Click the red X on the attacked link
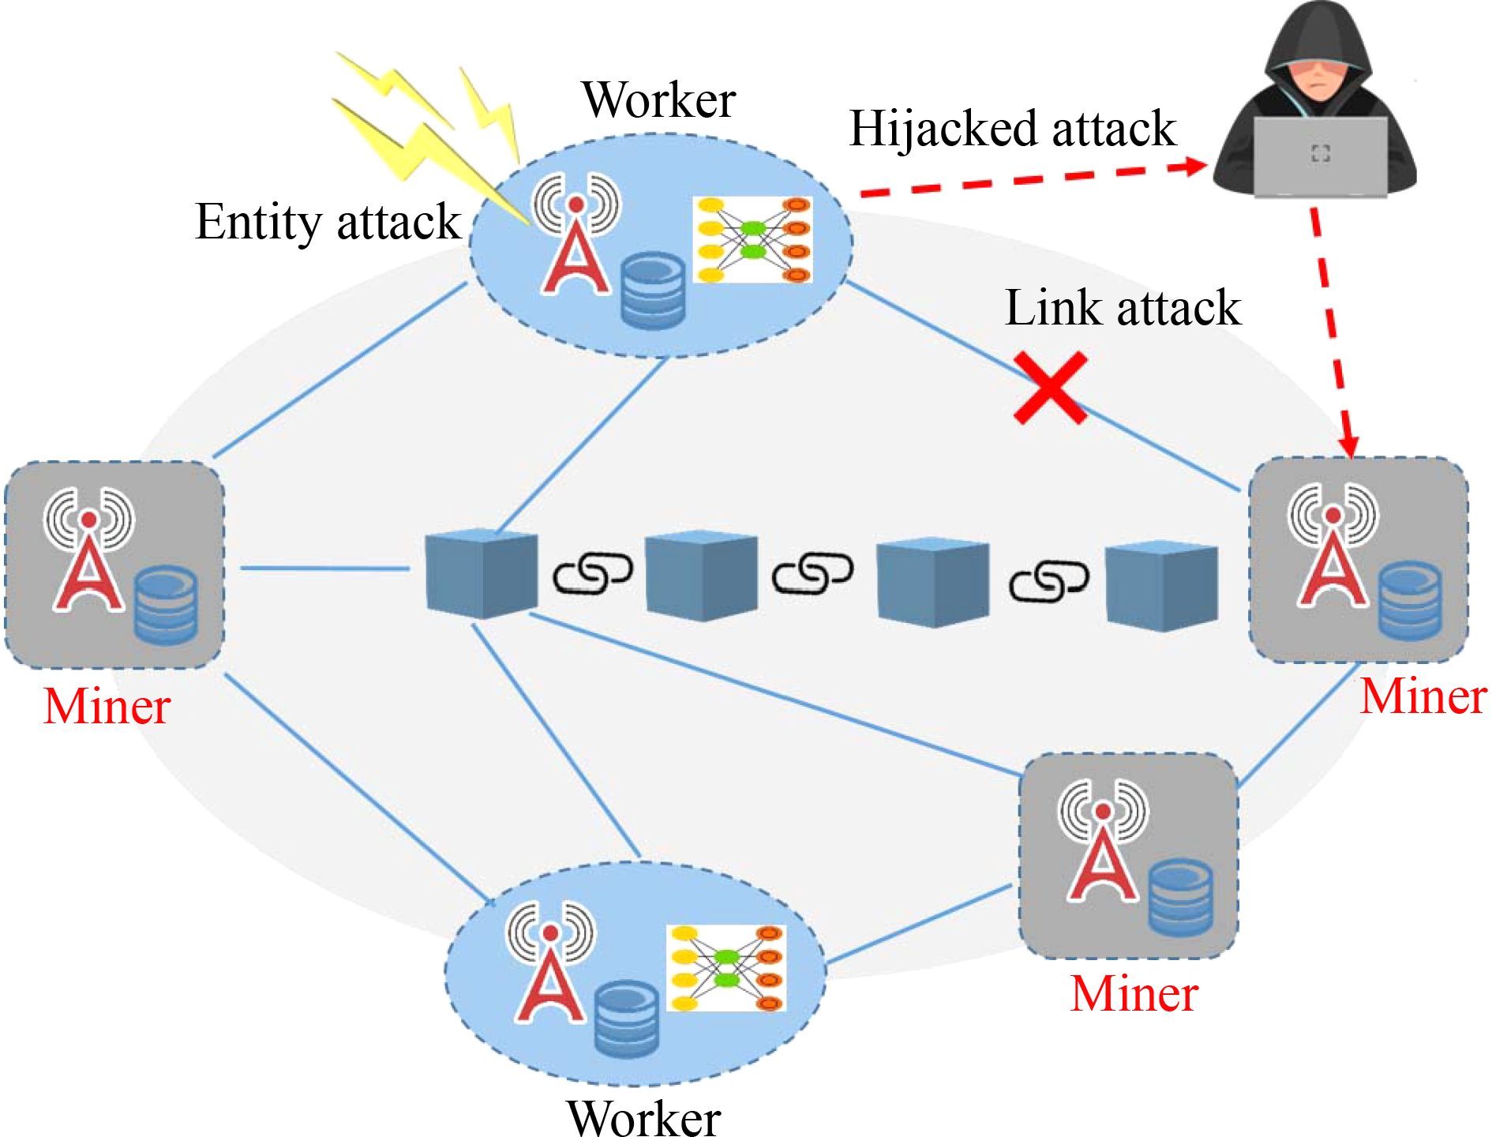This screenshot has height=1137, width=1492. pos(1051,388)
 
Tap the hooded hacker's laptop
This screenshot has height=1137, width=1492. pos(1320,156)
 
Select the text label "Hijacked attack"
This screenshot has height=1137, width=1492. pos(1012,129)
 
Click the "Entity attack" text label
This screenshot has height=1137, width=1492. pos(328,222)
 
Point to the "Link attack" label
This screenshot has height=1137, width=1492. pos(1123,308)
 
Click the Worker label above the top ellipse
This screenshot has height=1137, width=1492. pos(659,100)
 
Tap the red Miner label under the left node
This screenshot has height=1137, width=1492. pos(107,706)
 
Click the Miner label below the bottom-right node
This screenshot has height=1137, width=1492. pos(1134,993)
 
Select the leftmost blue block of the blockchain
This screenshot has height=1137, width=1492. pos(482,573)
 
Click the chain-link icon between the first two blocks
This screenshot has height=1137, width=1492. pos(592,573)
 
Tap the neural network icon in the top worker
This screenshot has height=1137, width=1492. pos(753,240)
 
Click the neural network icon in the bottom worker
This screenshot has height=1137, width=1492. pos(726,968)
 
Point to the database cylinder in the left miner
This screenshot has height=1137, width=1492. pos(166,604)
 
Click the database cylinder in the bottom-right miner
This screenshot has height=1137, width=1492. pos(1180,897)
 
